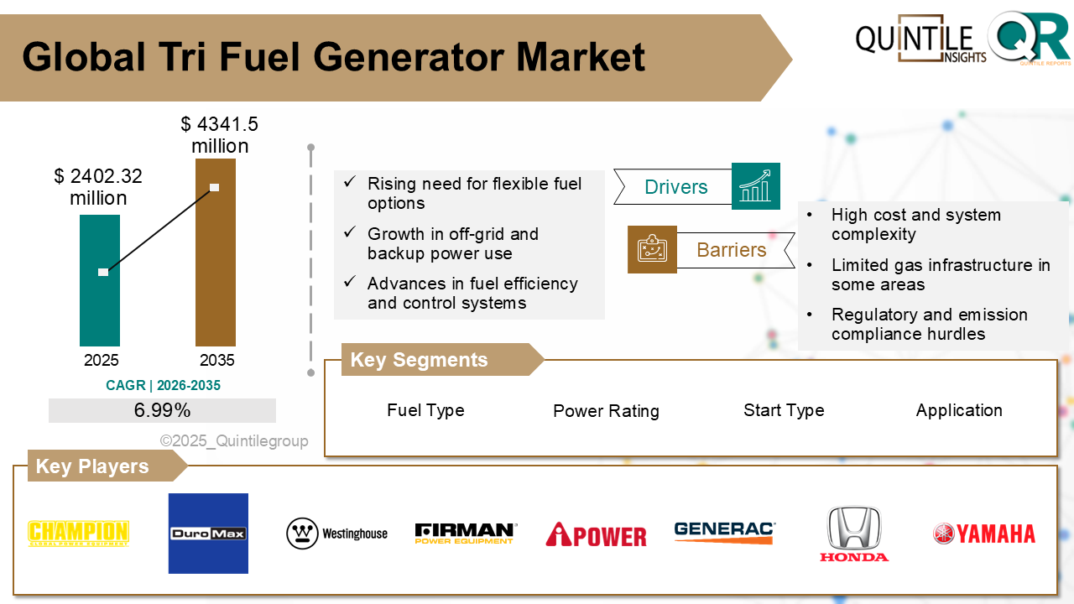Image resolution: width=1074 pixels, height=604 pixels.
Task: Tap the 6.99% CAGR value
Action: click(162, 410)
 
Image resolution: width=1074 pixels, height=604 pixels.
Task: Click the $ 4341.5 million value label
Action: click(220, 135)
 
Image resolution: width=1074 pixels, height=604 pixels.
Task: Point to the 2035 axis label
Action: click(217, 361)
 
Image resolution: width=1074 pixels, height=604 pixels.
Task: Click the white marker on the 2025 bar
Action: click(103, 272)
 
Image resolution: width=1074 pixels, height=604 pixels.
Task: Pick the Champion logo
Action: click(78, 534)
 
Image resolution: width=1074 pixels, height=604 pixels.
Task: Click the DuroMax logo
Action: click(208, 534)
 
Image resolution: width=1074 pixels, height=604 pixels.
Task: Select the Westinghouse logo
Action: click(337, 534)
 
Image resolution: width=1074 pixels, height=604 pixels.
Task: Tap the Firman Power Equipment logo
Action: click(466, 534)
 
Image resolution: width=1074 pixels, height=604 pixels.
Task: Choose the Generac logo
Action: click(725, 531)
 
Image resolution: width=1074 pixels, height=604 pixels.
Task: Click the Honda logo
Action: click(854, 534)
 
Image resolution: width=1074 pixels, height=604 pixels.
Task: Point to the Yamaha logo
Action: click(984, 534)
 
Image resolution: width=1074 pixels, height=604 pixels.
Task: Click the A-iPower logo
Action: click(596, 534)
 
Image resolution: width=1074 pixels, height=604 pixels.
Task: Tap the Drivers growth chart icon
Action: click(755, 186)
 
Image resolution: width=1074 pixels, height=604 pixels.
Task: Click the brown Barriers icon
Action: click(652, 249)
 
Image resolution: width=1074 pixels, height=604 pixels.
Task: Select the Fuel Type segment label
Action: click(425, 410)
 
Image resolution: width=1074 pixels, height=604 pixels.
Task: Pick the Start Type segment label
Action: click(784, 410)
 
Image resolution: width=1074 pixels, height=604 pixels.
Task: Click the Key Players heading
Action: click(92, 466)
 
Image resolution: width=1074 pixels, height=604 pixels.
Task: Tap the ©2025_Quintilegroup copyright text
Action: click(234, 440)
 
